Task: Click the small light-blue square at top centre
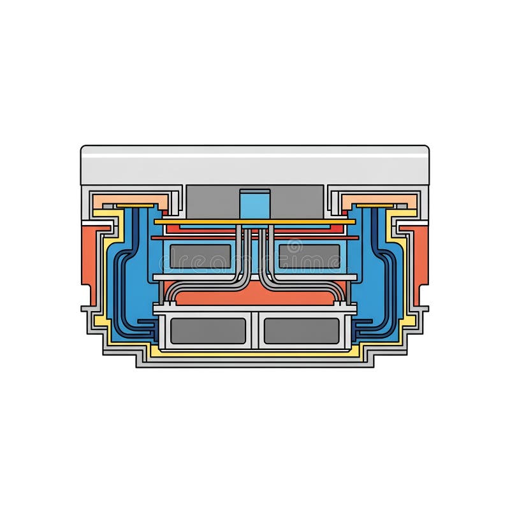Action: coord(254,205)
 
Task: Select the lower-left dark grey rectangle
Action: coord(208,331)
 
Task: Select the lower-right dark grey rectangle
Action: coord(302,331)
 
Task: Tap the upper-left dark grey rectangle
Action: coord(200,256)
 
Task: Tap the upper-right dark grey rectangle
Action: coord(309,256)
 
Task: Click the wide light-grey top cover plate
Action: coord(254,165)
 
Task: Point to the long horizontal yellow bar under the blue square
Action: coord(204,222)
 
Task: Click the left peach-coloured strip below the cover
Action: coord(131,201)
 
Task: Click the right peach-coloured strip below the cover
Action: coord(379,201)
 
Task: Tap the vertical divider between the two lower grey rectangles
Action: coord(254,331)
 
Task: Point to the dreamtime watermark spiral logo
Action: coord(294,245)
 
